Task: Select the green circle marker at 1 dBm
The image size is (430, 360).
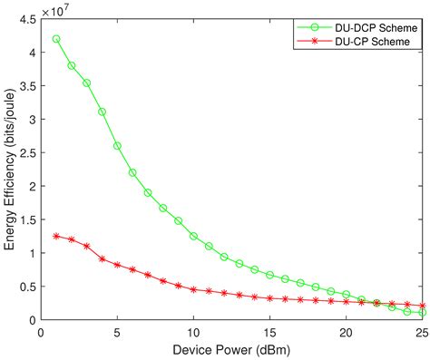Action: pos(56,39)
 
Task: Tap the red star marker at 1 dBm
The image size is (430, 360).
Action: pos(56,236)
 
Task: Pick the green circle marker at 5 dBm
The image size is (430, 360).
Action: pos(117,146)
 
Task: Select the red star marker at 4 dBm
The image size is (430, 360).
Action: pos(102,258)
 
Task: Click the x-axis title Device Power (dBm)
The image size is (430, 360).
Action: pos(231,350)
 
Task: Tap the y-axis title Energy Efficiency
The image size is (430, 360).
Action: pos(12,169)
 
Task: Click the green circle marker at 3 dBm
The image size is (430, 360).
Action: pos(87,83)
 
